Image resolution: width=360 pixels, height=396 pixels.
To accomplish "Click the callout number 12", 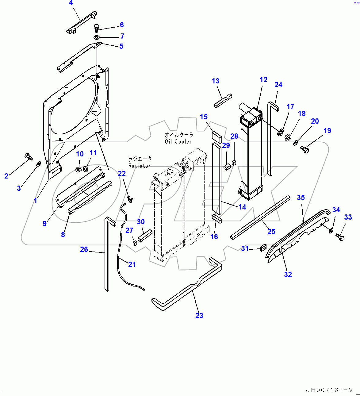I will click(x=263, y=80).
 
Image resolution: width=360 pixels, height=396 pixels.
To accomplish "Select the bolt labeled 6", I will click(x=97, y=28).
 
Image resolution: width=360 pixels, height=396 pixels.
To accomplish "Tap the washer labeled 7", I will click(x=97, y=37).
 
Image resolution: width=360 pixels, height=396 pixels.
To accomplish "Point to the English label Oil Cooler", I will click(x=178, y=142).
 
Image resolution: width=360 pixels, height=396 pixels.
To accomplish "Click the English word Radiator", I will click(x=140, y=166).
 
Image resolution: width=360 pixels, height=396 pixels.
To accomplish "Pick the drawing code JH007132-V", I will click(x=329, y=390).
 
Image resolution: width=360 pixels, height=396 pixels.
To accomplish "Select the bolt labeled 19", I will click(x=305, y=149).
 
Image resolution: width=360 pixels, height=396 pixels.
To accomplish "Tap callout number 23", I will click(x=199, y=316).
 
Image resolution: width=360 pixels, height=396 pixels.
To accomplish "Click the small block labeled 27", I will click(x=135, y=243).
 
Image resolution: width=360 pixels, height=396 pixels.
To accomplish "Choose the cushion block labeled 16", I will click(x=216, y=218).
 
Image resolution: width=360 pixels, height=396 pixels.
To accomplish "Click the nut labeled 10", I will click(x=79, y=169).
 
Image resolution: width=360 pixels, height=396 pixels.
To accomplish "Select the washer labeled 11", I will click(x=86, y=169).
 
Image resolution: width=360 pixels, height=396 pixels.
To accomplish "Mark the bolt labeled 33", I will click(x=340, y=237).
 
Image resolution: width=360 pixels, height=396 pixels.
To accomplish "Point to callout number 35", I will click(x=301, y=198).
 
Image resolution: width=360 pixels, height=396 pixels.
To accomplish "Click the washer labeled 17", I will click(x=280, y=133).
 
